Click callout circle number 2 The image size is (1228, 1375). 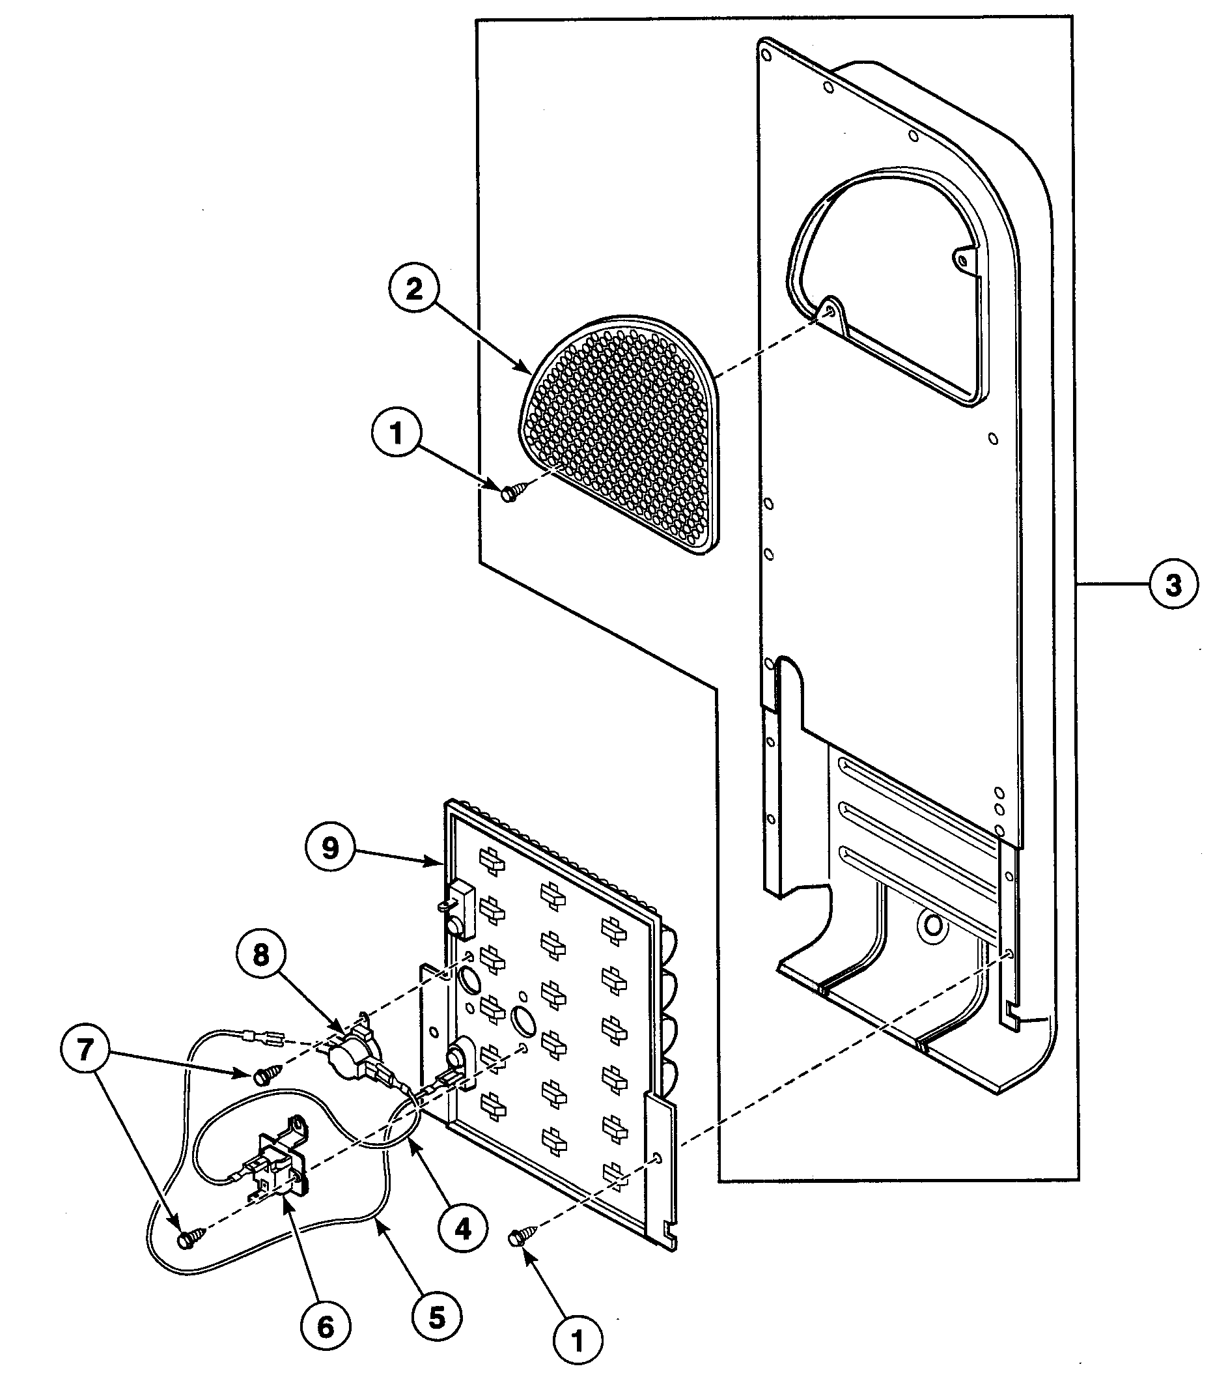(413, 290)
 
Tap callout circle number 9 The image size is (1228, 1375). (330, 848)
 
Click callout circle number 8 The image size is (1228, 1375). (261, 955)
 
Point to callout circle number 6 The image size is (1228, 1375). (325, 1327)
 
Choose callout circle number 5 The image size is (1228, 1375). (436, 1316)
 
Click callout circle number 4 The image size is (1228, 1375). (462, 1229)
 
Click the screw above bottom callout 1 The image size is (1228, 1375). (520, 1238)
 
